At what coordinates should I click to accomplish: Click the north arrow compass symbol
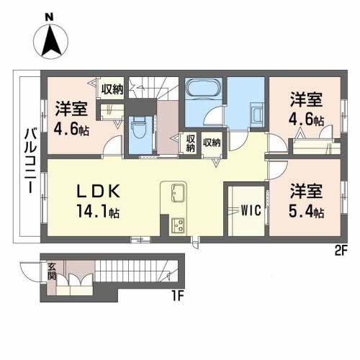pyautogui.click(x=51, y=41)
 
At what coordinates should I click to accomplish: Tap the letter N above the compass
pyautogui.click(x=49, y=17)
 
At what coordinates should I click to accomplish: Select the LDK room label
pyautogui.click(x=98, y=192)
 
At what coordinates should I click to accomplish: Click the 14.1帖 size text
pyautogui.click(x=98, y=211)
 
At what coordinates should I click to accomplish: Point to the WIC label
pyautogui.click(x=251, y=210)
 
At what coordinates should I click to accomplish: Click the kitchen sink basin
pyautogui.click(x=179, y=192)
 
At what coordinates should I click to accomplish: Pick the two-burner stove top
pyautogui.click(x=178, y=225)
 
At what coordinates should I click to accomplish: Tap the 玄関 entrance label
pyautogui.click(x=52, y=271)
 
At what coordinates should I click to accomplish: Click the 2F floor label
pyautogui.click(x=341, y=251)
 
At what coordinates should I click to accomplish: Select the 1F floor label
pyautogui.click(x=178, y=297)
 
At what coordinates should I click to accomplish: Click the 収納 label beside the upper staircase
pyautogui.click(x=112, y=89)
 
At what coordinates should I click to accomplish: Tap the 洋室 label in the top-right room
pyautogui.click(x=306, y=99)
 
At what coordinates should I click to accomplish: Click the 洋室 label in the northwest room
pyautogui.click(x=71, y=109)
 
